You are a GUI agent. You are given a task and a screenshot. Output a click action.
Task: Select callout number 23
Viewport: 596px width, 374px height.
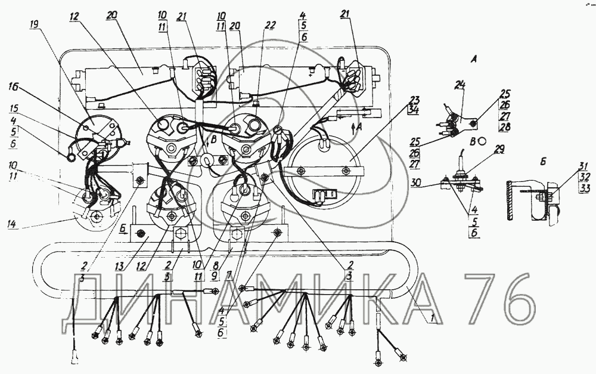414,100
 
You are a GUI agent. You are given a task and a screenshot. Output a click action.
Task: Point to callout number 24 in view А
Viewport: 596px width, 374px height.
459,85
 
